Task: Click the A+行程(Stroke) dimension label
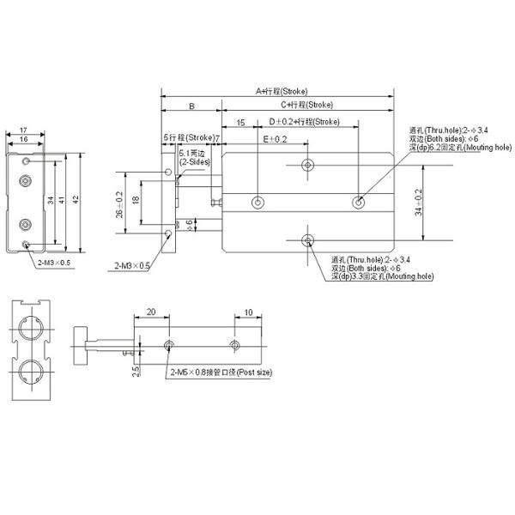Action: [281, 91]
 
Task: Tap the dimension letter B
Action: [191, 107]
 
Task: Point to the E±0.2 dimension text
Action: [274, 138]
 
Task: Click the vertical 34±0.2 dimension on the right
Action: [419, 203]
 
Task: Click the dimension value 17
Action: [22, 130]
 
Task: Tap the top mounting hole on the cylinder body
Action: [308, 166]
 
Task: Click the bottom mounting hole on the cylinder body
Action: [308, 239]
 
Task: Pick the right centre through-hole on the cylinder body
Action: [358, 203]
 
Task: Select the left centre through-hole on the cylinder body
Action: [258, 203]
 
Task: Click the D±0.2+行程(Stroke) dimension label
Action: [304, 122]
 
